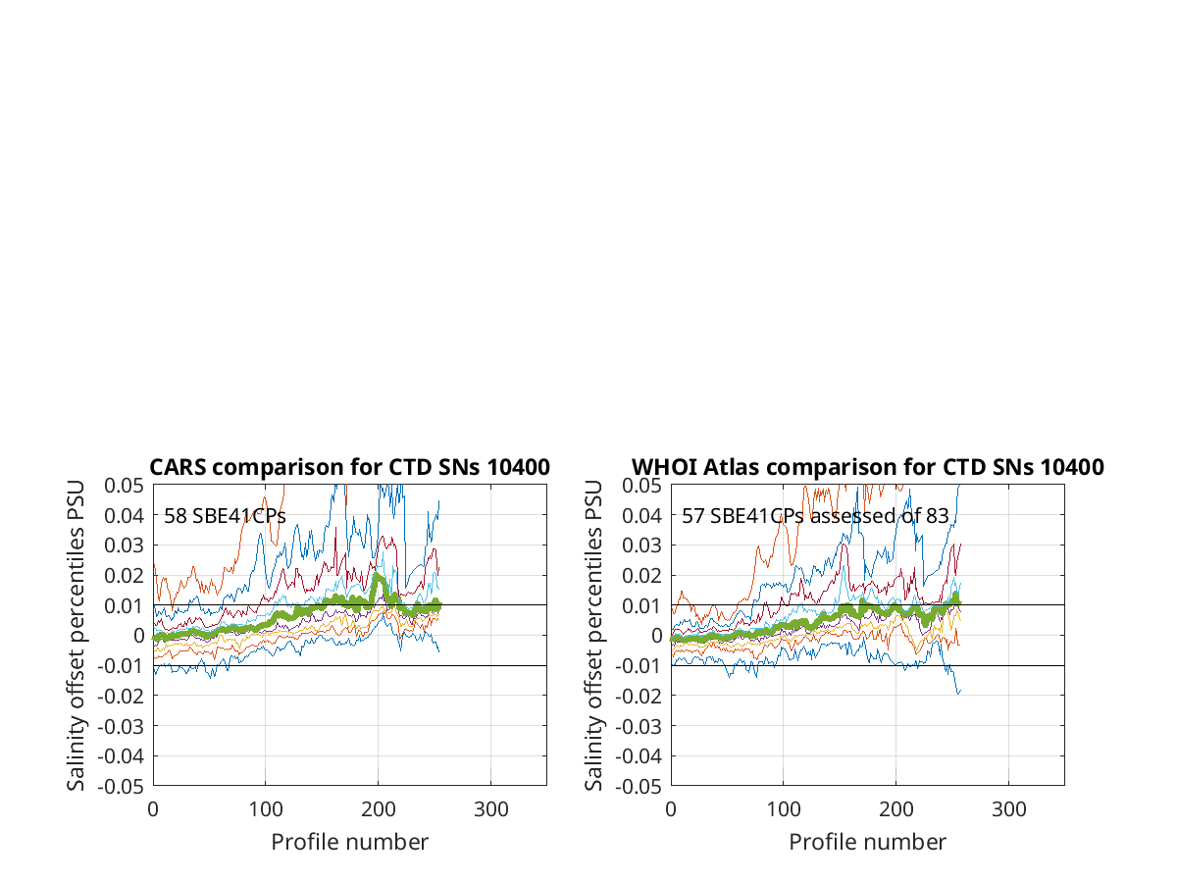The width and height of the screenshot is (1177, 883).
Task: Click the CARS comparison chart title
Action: [x=349, y=467]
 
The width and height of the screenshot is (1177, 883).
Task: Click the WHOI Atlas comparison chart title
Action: [x=868, y=467]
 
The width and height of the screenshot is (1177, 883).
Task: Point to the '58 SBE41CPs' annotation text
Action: [x=225, y=516]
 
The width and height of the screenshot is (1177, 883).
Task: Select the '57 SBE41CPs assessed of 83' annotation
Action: [x=815, y=516]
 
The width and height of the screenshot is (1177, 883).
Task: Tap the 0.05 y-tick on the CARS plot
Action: [x=124, y=486]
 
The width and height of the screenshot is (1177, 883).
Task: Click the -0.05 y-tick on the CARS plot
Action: [x=121, y=787]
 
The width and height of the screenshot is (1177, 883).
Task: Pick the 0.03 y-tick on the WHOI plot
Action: [x=641, y=545]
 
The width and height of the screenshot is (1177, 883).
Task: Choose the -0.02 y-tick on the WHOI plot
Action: [x=639, y=696]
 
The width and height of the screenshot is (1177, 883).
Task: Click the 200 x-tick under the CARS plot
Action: [x=378, y=809]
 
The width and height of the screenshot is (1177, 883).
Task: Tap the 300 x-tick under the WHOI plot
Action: [x=1008, y=809]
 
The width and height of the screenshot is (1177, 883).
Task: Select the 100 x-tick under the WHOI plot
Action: [x=784, y=809]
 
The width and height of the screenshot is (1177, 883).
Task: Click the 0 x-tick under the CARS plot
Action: [x=153, y=809]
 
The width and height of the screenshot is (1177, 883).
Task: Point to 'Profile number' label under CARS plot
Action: [x=349, y=842]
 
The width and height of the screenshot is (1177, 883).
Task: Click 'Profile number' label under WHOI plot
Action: [x=868, y=842]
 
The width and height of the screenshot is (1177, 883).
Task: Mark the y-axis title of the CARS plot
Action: [x=76, y=636]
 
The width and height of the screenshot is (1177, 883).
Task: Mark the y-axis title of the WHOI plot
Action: [x=593, y=636]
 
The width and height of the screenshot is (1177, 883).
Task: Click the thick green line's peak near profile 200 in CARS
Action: [x=377, y=576]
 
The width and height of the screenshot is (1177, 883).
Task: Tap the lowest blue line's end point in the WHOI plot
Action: [x=960, y=691]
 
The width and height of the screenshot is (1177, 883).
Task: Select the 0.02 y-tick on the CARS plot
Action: [x=124, y=575]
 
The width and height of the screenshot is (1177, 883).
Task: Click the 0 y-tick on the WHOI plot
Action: [x=656, y=636]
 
